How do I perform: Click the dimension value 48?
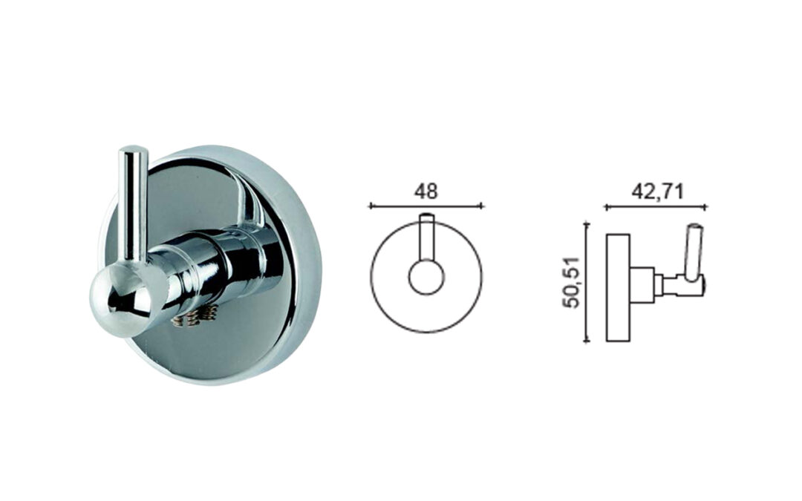coord(426,191)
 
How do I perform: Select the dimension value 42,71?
coord(657,191)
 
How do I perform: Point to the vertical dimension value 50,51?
coord(570,282)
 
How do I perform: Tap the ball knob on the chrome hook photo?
coord(121,302)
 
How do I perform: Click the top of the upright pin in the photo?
coord(134,152)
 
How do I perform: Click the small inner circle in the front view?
coord(426,277)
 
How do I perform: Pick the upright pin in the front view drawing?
coord(426,238)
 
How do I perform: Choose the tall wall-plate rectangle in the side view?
coord(618,288)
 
